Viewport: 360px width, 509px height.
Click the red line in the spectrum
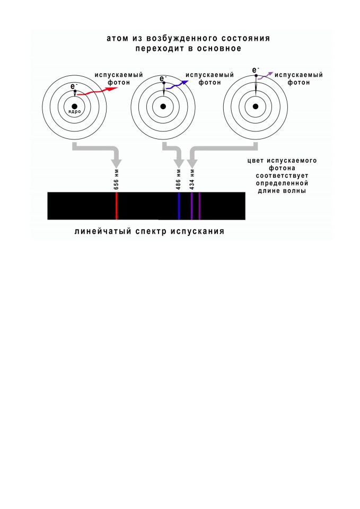117,206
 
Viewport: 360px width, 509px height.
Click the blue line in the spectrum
179,206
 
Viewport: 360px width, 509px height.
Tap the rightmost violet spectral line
199,206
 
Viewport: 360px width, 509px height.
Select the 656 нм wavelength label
117,180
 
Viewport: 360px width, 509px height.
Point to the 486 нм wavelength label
179,180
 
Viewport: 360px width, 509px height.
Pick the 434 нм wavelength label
192,180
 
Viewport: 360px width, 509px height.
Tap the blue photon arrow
177,85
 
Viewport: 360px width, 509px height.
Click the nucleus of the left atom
74,106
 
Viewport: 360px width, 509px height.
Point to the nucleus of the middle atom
163,106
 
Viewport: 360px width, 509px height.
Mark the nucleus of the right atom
256,106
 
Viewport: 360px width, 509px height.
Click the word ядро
74,112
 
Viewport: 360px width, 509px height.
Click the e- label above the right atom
256,70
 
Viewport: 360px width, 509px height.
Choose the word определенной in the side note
282,183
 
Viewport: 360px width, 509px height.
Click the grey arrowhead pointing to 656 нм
116,163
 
